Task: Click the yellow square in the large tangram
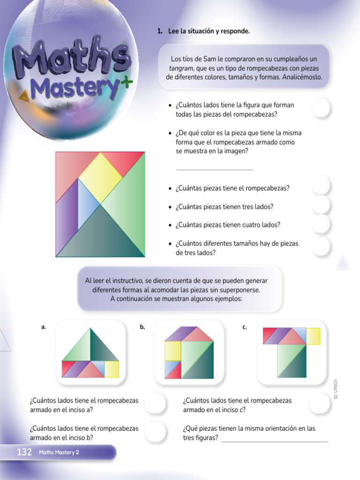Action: [100, 176]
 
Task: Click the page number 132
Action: [24, 452]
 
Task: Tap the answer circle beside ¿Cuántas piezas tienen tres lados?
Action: [321, 205]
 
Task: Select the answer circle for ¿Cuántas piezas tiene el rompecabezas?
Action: [321, 186]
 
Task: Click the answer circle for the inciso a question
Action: [155, 404]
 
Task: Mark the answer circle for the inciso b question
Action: [155, 432]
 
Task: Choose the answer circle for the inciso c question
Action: [320, 404]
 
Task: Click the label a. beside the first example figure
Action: [44, 328]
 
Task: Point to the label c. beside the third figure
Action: [245, 328]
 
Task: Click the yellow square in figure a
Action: [112, 369]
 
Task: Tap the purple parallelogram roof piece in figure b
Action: [174, 334]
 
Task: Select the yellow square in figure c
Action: [313, 336]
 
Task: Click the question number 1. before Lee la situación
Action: [160, 31]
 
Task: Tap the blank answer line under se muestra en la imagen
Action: [215, 169]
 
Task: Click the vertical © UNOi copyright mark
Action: [336, 389]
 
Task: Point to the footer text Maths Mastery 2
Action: [59, 452]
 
